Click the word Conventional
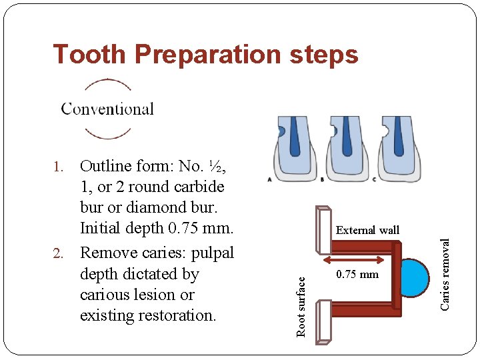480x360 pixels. (x=107, y=109)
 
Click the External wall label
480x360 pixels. (x=367, y=231)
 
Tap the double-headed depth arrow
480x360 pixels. (x=354, y=259)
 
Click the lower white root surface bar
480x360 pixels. (x=325, y=320)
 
